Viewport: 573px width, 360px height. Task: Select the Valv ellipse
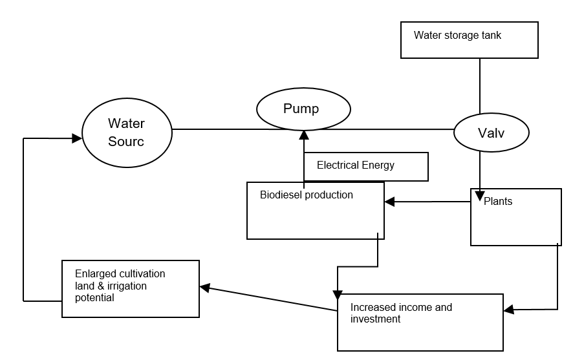point(491,132)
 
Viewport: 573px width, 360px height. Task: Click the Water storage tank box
point(469,40)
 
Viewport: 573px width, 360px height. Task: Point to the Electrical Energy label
point(355,165)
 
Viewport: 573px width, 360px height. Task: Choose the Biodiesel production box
point(315,211)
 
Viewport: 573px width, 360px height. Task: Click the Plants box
point(515,217)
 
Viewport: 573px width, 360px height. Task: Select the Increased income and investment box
point(420,322)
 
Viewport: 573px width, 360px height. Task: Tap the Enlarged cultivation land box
point(130,288)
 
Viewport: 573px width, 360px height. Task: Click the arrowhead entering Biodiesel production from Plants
point(389,202)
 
